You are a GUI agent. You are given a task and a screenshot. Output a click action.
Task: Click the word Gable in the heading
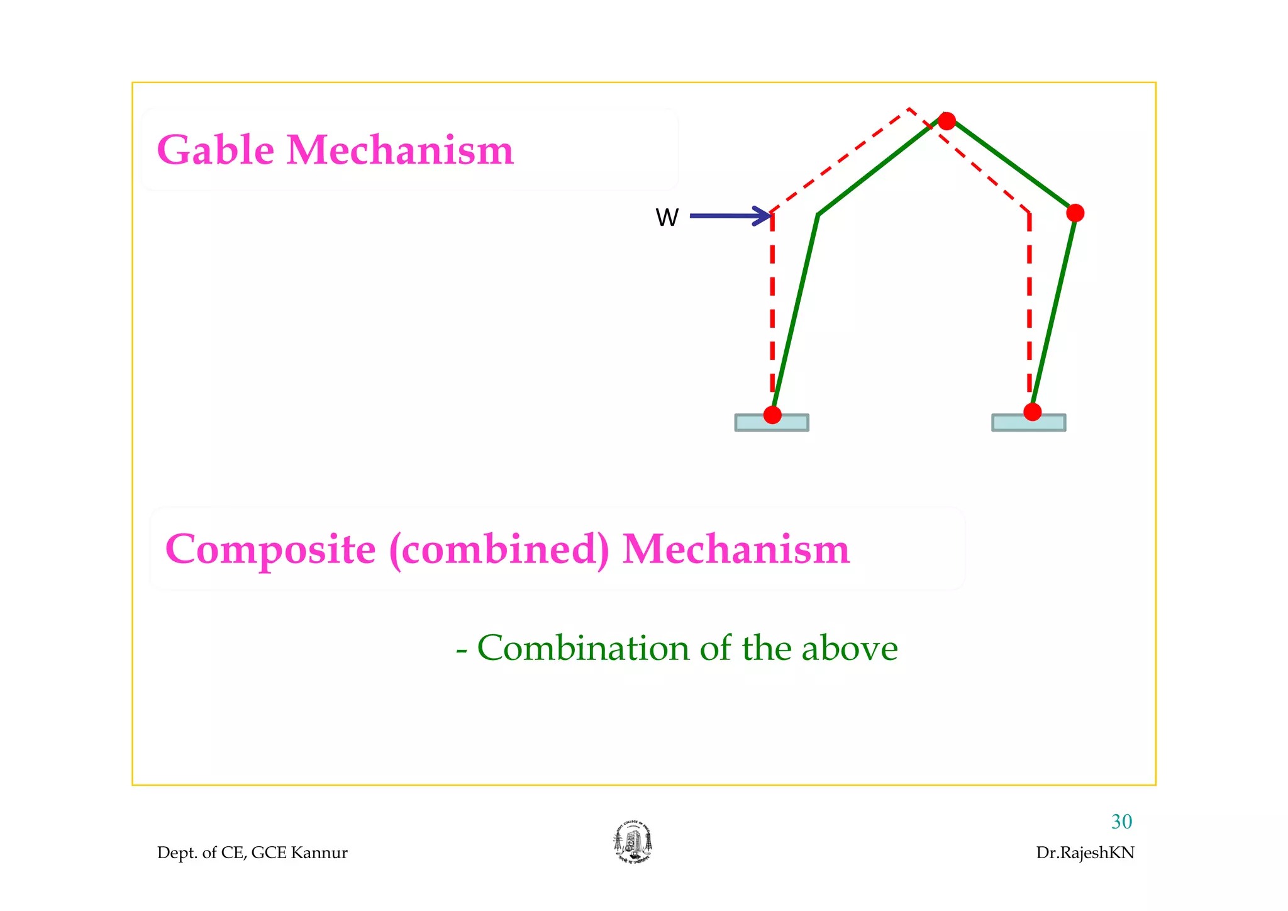pos(215,150)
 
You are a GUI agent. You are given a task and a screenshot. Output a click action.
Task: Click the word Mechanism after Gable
pos(400,150)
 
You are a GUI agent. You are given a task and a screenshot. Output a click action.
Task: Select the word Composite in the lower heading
pos(270,549)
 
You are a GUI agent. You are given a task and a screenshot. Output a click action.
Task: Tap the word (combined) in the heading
pos(499,549)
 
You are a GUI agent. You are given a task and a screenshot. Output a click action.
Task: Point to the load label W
pos(667,218)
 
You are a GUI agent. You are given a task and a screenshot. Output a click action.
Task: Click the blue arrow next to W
pos(730,216)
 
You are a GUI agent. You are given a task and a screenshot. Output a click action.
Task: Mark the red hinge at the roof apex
pos(947,121)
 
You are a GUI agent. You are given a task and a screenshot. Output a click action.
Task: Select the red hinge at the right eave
pos(1075,213)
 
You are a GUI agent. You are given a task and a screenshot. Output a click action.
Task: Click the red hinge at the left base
pos(772,415)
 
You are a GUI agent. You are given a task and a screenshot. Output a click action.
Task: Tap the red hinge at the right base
pos(1032,412)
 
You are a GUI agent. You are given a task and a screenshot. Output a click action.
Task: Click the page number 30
pos(1121,822)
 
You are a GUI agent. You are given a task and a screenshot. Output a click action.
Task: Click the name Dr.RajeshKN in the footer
pos(1085,852)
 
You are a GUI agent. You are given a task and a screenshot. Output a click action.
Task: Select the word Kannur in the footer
pos(319,852)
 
